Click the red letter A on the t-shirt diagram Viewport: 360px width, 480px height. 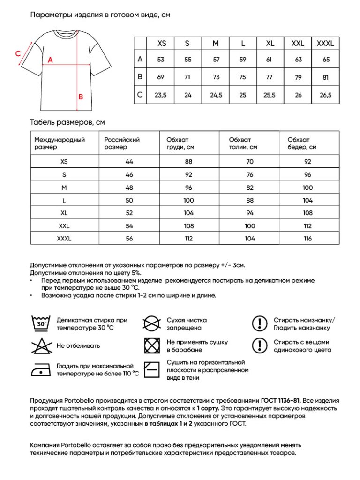(50, 60)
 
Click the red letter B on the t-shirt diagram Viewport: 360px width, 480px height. (81, 97)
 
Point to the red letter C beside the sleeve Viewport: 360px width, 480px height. (17, 53)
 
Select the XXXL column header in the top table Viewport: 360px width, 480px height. (325, 44)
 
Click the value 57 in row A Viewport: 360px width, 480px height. (216, 60)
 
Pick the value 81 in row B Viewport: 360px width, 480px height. (326, 78)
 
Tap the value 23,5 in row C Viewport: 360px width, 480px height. (161, 95)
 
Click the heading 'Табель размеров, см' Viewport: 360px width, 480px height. (67, 122)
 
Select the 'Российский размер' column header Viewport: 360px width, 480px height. (122, 143)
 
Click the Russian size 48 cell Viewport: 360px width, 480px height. (129, 187)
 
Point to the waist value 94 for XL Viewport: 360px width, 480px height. (250, 213)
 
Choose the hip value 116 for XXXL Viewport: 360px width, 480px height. (307, 239)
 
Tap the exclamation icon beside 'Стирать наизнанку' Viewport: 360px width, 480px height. (259, 323)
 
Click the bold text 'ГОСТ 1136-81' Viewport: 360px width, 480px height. (280, 401)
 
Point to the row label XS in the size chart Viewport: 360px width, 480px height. (64, 162)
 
